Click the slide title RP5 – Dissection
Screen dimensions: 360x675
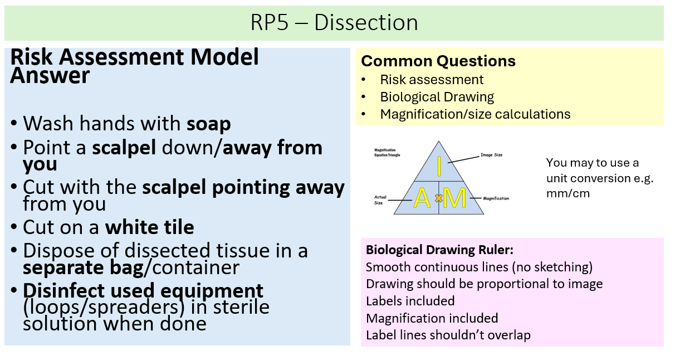334,23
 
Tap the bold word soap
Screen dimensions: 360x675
208,123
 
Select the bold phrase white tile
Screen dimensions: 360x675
150,227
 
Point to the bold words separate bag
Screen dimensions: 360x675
82,267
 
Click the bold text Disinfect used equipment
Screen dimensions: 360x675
144,290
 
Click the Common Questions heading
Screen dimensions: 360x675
438,61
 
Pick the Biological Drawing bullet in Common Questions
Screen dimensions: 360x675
437,97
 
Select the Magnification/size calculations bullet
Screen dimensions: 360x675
475,114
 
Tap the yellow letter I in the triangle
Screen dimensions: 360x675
439,167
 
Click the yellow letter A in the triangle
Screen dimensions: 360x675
422,198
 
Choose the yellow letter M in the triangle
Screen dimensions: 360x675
455,198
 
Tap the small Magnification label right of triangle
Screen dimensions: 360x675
496,198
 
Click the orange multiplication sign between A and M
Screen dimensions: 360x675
438,198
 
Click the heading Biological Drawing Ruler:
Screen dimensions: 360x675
439,250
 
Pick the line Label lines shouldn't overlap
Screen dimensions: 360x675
448,335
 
